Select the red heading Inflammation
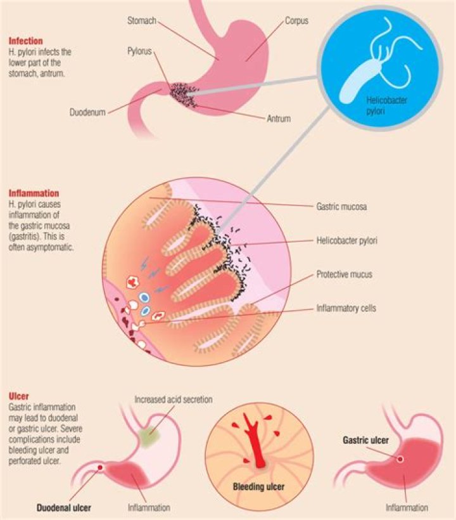pos(34,193)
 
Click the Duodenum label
pos(87,113)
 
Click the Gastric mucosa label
pos(342,207)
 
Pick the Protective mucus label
pos(344,275)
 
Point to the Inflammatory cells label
pos(346,309)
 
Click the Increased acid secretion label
pos(173,400)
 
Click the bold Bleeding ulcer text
pos(257,488)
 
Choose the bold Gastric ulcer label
pos(365,439)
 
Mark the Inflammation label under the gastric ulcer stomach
pos(406,508)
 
